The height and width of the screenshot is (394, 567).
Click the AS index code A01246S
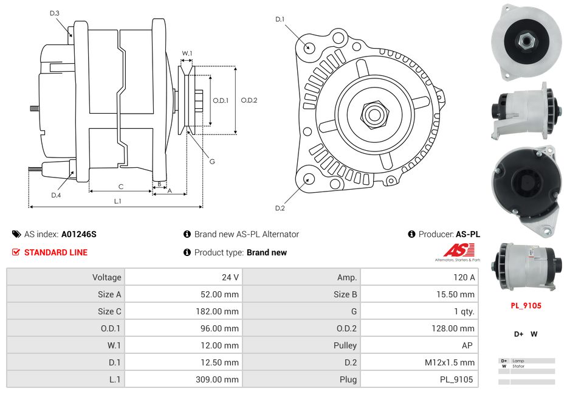(x=78, y=234)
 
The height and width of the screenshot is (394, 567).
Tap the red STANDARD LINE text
(x=55, y=252)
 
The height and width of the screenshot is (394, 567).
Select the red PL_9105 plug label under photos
(x=526, y=306)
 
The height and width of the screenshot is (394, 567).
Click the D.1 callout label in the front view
(x=280, y=19)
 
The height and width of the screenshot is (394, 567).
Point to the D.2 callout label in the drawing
(x=280, y=209)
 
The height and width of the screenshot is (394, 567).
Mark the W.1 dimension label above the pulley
(x=187, y=54)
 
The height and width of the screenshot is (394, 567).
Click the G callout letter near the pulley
(x=211, y=162)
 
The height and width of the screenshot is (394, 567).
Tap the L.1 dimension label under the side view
(x=117, y=201)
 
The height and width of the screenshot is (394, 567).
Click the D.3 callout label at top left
(x=55, y=13)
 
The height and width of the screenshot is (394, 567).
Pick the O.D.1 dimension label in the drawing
(x=221, y=100)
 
